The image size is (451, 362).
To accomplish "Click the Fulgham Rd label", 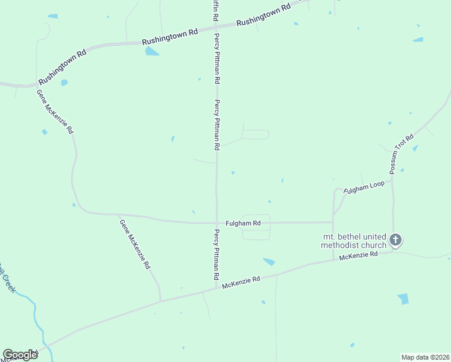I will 243,223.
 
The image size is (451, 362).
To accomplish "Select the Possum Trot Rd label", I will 402,154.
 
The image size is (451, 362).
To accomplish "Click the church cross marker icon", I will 396,240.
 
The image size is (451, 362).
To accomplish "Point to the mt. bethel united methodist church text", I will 353,241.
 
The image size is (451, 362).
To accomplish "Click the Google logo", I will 20,355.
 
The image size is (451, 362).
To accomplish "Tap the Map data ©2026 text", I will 424,357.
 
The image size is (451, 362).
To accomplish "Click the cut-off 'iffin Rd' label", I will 214,11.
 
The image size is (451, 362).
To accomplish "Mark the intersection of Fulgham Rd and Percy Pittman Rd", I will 216,223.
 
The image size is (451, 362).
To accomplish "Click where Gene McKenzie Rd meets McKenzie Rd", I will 161,300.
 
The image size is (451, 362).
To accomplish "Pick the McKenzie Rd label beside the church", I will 358,256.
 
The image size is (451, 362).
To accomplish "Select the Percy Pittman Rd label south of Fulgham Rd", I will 216,254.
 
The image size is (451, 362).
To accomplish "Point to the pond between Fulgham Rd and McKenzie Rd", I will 269,261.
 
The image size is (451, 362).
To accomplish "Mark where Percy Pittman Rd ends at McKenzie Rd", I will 216,287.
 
